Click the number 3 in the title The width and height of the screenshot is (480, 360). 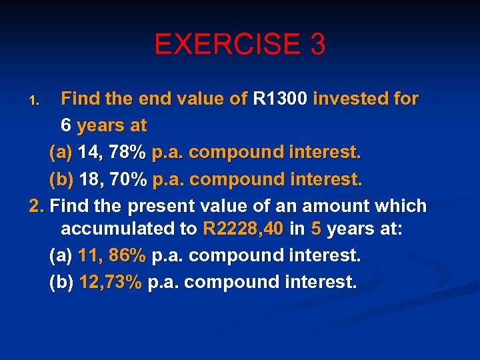(317, 45)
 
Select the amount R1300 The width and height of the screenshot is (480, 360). (280, 99)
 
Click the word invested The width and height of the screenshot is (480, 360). (354, 99)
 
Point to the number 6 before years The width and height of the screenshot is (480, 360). (66, 125)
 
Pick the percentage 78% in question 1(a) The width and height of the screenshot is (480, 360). (128, 152)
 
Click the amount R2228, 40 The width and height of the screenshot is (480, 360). (243, 229)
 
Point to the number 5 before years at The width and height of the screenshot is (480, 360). (315, 229)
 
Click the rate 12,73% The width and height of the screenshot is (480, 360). (110, 282)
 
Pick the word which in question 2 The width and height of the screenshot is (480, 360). (401, 206)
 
